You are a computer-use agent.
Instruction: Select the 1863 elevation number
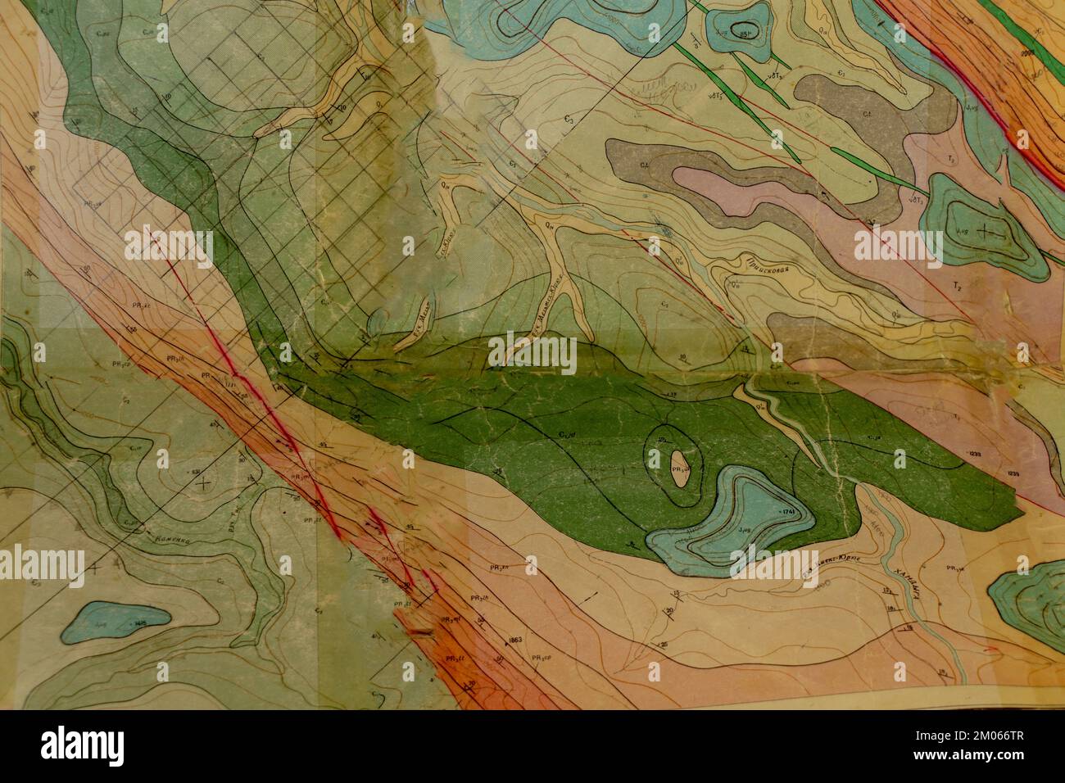[515, 639]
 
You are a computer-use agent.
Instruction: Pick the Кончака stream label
[169, 539]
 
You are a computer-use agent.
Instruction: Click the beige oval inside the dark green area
[679, 469]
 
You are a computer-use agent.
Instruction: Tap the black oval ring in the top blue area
[746, 29]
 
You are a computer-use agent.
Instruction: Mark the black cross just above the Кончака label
[203, 483]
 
